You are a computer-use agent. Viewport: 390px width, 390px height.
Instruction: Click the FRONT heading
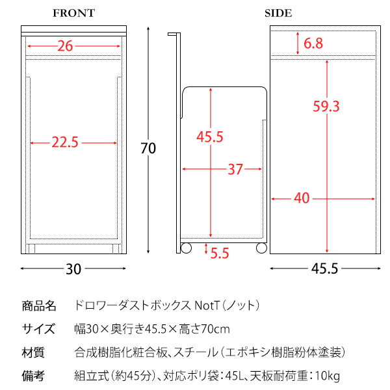coord(74,13)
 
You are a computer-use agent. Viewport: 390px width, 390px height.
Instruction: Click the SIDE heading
coord(278,13)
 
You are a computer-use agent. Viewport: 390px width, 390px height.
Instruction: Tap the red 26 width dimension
coord(65,46)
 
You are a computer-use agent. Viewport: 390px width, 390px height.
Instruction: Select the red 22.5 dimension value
coord(65,142)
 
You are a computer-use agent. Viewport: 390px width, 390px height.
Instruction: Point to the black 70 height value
coord(148,148)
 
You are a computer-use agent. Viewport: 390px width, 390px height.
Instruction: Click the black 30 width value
coord(73,269)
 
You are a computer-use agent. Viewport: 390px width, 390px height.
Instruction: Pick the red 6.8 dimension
coord(313,44)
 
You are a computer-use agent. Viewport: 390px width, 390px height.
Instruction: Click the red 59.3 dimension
coord(326,107)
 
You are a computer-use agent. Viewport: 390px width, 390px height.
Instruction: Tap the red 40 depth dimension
coord(302,198)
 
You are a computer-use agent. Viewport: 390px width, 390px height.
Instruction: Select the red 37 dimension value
coord(235,170)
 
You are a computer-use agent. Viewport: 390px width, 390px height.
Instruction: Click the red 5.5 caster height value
coord(220,253)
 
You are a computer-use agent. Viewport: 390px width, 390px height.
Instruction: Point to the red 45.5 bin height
coord(210,136)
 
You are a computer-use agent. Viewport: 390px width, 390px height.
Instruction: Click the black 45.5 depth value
coord(325,269)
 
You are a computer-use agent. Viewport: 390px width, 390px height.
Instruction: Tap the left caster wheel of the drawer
coord(186,248)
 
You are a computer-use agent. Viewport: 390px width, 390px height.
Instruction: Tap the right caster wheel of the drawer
coord(261,248)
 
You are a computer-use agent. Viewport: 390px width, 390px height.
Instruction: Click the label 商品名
coord(39,306)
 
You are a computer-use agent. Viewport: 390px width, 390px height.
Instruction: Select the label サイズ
coord(38,329)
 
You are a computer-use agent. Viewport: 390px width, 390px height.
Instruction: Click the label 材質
coord(33,352)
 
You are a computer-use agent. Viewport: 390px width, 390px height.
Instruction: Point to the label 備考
coord(33,376)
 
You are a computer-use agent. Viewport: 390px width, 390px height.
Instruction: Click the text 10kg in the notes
coord(328,376)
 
